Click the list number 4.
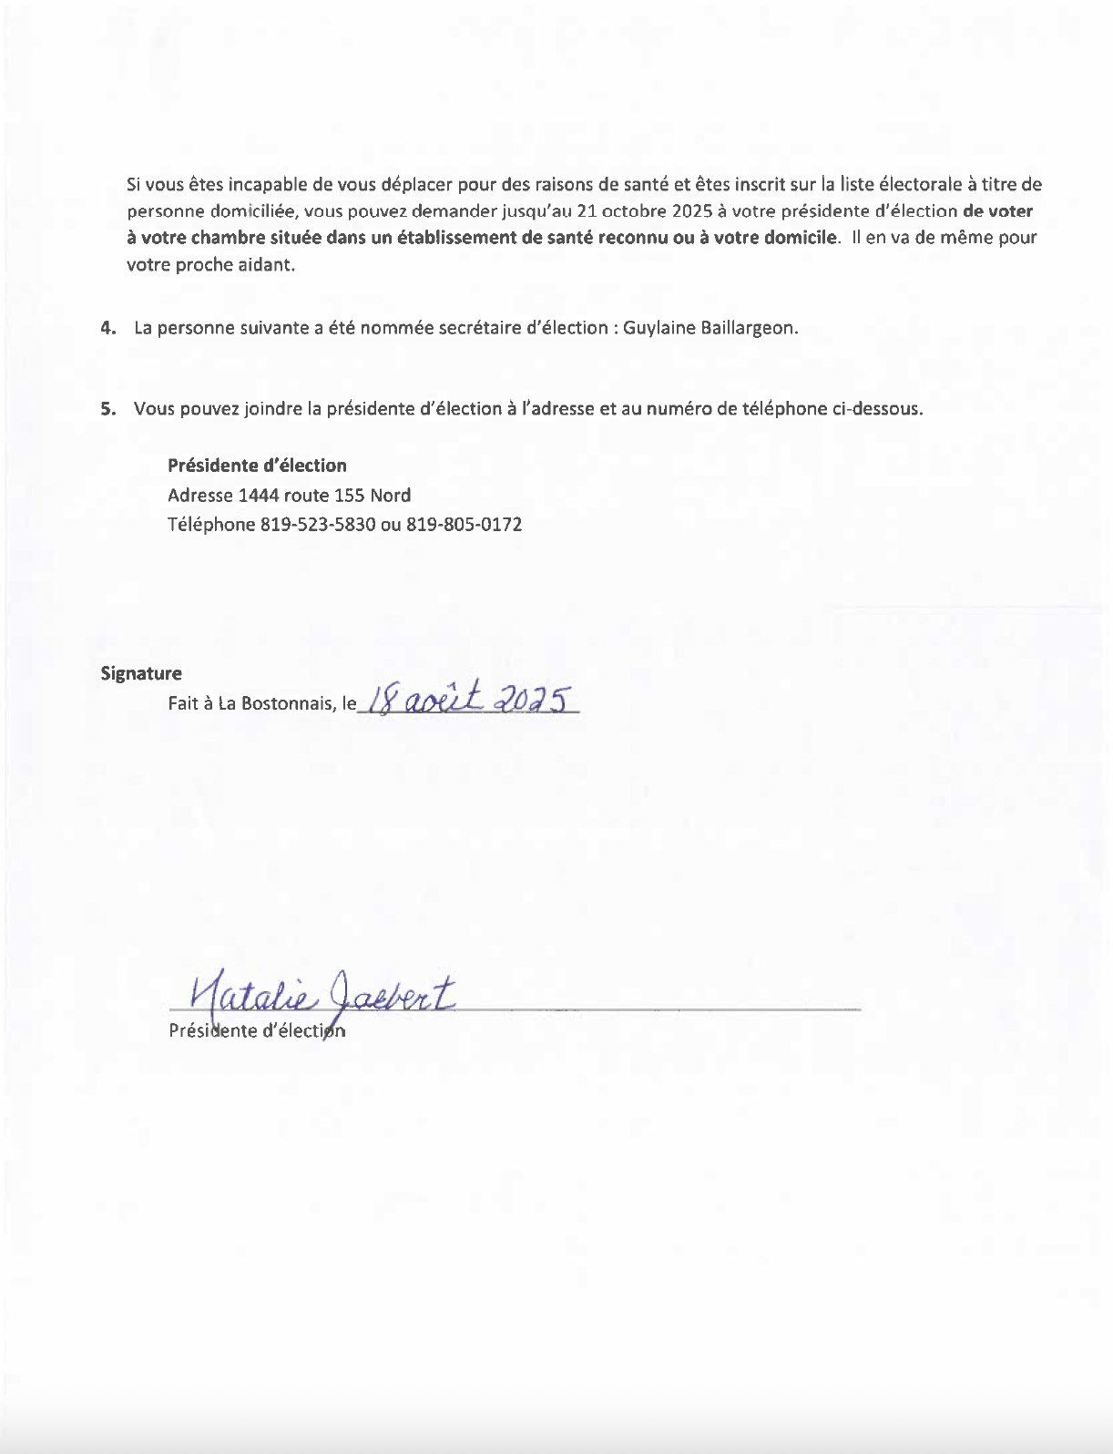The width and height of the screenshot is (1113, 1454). click(x=108, y=328)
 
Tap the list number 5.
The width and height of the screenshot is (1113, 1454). click(x=108, y=409)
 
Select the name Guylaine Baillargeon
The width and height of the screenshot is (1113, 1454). click(x=710, y=328)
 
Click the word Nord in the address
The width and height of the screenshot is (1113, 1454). click(x=390, y=496)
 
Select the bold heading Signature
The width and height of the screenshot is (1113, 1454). click(x=141, y=673)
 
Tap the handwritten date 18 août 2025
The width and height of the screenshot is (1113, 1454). click(x=470, y=699)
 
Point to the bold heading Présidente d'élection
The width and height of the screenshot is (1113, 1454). click(x=257, y=466)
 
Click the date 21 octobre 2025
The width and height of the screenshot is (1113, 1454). click(x=645, y=211)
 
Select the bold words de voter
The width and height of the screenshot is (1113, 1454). click(x=997, y=211)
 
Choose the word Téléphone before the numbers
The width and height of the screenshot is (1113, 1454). click(x=211, y=525)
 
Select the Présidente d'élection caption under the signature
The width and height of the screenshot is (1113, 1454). click(x=257, y=1031)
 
